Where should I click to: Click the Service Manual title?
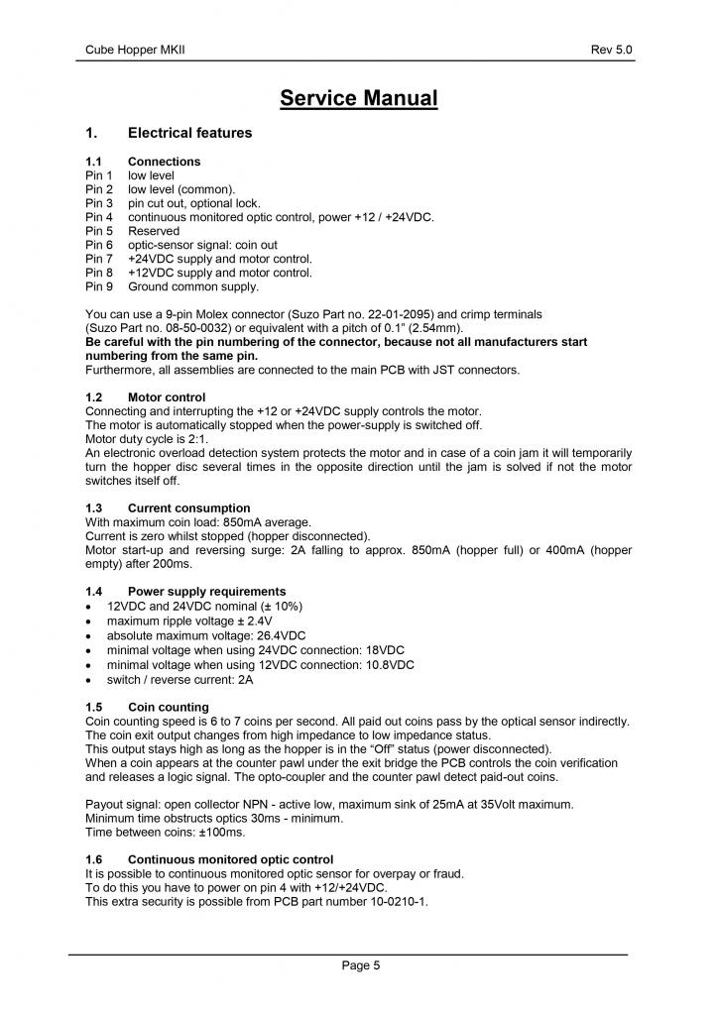358,98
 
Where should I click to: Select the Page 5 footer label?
359,966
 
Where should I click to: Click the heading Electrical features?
189,132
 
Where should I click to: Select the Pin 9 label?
99,286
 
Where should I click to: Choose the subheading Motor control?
167,396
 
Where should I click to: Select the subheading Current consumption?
188,507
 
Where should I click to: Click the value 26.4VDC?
278,634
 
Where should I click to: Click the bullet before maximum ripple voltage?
91,620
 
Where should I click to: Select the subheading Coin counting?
168,707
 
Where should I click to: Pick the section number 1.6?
94,858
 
